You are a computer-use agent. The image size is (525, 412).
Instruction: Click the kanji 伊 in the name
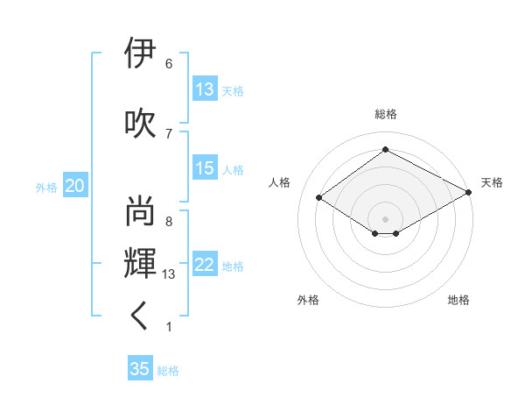click(x=141, y=54)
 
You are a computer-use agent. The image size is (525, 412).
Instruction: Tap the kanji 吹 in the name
click(x=141, y=122)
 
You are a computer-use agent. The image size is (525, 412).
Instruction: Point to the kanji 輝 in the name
click(x=141, y=262)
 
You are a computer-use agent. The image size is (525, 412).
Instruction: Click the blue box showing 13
click(x=205, y=89)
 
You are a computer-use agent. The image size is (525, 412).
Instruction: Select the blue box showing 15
click(x=205, y=169)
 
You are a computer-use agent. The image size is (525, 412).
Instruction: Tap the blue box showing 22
click(x=205, y=266)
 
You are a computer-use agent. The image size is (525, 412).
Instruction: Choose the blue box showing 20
click(x=75, y=186)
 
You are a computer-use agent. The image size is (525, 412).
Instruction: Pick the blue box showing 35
click(x=140, y=369)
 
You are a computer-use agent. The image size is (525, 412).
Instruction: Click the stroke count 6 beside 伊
click(x=168, y=64)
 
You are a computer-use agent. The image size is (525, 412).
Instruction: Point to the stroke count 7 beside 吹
click(x=168, y=132)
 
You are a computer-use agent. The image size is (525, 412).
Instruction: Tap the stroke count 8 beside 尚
click(x=168, y=222)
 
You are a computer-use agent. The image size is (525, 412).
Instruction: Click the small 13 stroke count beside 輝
click(x=170, y=274)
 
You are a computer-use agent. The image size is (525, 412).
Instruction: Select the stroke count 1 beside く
click(x=168, y=327)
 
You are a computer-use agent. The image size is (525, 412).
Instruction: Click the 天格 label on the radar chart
click(x=492, y=182)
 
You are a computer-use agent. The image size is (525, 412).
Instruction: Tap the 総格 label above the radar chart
click(x=385, y=114)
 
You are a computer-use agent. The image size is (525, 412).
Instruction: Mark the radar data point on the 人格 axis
click(x=319, y=198)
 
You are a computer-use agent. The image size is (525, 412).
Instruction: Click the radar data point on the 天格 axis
click(x=470, y=191)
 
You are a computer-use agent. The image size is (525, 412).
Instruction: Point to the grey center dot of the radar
click(x=385, y=217)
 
